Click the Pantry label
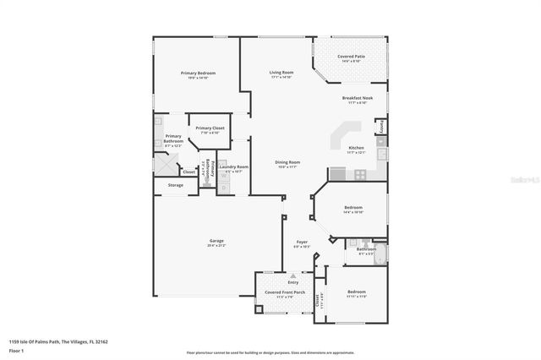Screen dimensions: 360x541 tap(382, 127)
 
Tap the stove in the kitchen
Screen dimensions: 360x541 tap(360, 175)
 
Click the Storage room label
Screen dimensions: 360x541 tap(175, 184)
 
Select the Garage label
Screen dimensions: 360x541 tap(216, 243)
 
